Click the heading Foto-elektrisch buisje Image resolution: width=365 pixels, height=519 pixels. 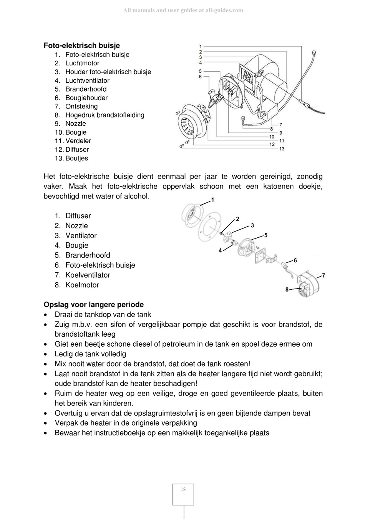82,45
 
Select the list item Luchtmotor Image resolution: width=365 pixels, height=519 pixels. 82,63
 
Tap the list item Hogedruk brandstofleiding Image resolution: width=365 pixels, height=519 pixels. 105,115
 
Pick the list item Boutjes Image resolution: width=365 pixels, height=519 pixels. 76,158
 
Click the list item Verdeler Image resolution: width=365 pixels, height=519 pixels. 78,141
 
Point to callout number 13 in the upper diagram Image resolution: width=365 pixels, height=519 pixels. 282,149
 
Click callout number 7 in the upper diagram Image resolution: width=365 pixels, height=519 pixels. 281,125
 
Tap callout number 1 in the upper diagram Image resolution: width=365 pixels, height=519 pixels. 201,47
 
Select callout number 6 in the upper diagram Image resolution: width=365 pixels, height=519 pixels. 201,77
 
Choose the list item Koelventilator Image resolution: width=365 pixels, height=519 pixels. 88,275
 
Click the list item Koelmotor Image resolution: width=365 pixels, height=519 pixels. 82,285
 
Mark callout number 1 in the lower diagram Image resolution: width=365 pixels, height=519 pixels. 213,200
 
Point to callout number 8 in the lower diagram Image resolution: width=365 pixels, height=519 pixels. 287,289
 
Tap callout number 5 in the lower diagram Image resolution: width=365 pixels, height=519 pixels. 266,235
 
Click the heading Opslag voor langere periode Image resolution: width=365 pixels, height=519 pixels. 94,305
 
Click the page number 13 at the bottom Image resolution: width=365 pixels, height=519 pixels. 183,489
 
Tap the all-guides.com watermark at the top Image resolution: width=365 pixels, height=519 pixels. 183,10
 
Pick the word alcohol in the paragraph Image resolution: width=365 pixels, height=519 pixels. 137,196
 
